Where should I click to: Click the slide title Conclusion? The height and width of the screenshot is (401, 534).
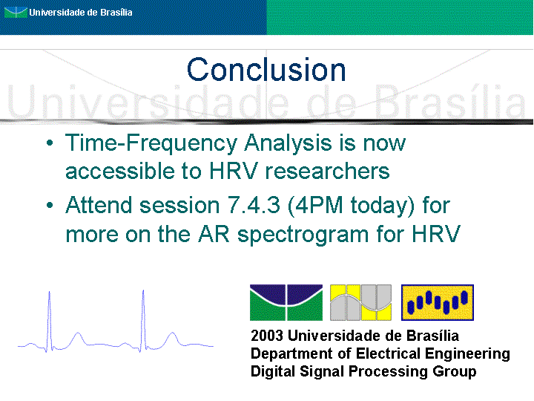(266, 70)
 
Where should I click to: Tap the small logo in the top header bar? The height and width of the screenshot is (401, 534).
(16, 13)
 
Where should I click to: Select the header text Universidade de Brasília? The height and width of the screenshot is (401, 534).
(81, 13)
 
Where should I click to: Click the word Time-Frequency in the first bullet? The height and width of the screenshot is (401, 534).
(151, 143)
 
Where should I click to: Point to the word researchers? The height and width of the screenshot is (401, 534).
(327, 171)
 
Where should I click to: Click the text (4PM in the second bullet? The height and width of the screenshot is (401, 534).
(315, 206)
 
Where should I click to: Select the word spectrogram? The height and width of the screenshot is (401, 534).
(303, 235)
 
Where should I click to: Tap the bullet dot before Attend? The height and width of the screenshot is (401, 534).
(50, 205)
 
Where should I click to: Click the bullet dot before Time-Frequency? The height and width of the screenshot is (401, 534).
(50, 143)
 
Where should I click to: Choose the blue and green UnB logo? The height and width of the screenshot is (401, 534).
(286, 302)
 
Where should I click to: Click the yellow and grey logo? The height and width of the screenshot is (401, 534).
(360, 302)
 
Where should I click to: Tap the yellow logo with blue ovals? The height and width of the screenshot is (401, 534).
(438, 302)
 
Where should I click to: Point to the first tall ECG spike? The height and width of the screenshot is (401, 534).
(50, 321)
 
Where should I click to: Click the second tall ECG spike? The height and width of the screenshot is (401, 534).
(143, 321)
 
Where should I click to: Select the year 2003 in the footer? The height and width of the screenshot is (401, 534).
(267, 336)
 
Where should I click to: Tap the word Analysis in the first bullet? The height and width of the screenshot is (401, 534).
(288, 143)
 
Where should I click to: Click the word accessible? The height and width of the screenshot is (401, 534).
(120, 171)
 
